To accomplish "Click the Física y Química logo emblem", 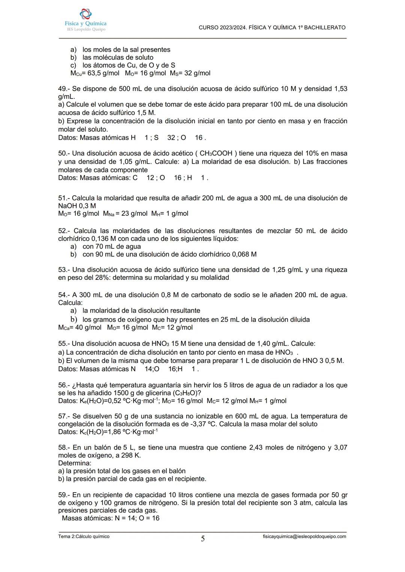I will [x=85, y=14].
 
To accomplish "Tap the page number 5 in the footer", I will [x=203, y=539].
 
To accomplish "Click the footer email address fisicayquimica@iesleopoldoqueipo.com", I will [x=304, y=536].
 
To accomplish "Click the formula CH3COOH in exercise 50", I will [x=216, y=154].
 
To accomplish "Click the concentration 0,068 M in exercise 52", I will [x=244, y=254].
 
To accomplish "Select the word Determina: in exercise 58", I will [x=75, y=463].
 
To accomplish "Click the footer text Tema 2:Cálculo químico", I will [x=84, y=536].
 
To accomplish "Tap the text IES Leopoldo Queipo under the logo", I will [x=86, y=29].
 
